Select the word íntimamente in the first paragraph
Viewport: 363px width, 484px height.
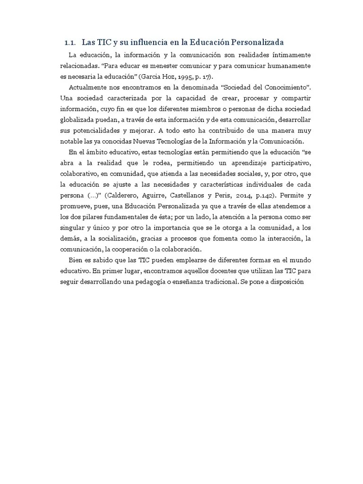coord(288,55)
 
